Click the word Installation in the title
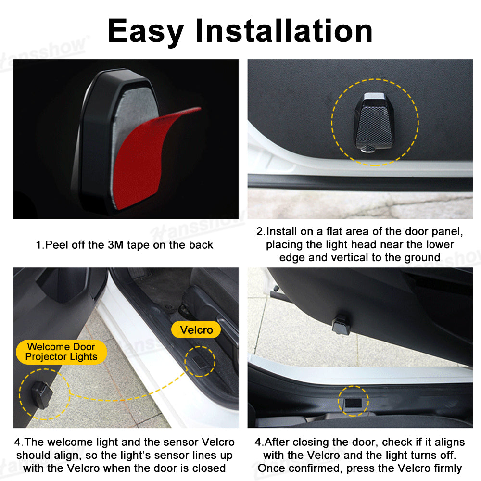[284, 30]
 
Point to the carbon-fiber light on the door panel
[374, 122]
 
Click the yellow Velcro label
[196, 330]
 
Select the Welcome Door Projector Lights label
[62, 352]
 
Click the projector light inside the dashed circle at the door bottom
[42, 395]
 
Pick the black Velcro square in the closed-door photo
[354, 403]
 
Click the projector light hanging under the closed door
[341, 325]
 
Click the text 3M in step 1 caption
[115, 245]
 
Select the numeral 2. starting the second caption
[261, 231]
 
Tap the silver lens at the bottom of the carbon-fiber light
[368, 150]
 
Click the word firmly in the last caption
[447, 468]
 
